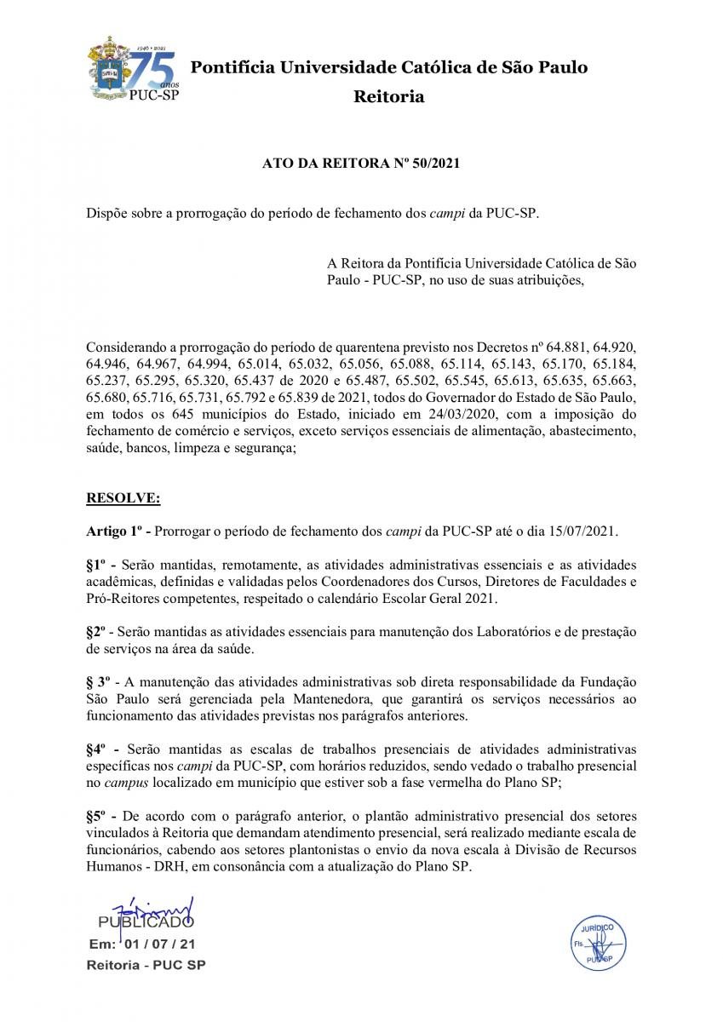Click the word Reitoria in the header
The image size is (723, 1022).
388,96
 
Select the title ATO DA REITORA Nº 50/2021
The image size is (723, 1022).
361,164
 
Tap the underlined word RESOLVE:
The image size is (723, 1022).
123,497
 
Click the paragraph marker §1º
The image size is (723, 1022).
99,565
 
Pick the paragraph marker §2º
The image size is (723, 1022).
99,631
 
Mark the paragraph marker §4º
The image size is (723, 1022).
99,749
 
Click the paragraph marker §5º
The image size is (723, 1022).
99,816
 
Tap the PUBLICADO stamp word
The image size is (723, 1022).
145,922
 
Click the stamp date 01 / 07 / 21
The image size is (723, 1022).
160,944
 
